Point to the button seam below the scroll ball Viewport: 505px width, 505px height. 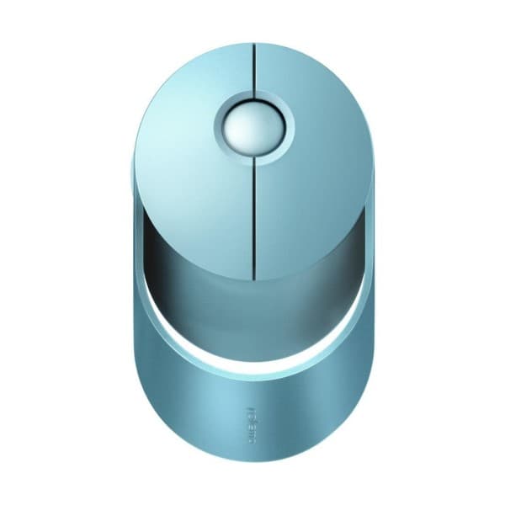click(253, 219)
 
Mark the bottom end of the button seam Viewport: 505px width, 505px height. click(253, 274)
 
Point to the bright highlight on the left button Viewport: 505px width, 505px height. click(181, 109)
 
